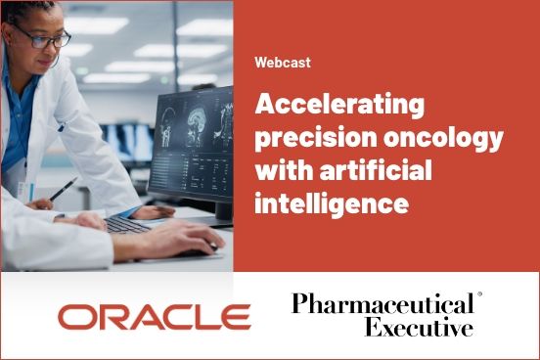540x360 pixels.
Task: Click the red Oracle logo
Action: [154, 316]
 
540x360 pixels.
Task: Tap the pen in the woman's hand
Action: [65, 188]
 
